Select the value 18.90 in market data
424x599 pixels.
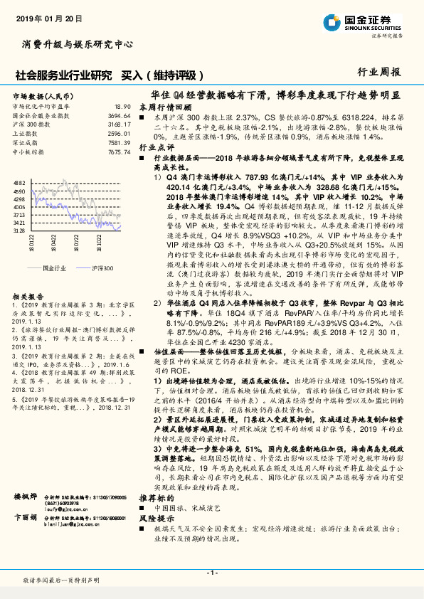tap(123, 106)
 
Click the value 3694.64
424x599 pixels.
tap(120, 115)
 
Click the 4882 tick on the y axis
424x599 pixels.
tap(19, 183)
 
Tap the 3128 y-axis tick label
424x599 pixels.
tap(19, 230)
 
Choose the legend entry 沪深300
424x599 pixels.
tap(102, 267)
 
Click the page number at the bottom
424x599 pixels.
tap(211, 572)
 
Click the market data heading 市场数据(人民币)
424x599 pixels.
tap(44, 95)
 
